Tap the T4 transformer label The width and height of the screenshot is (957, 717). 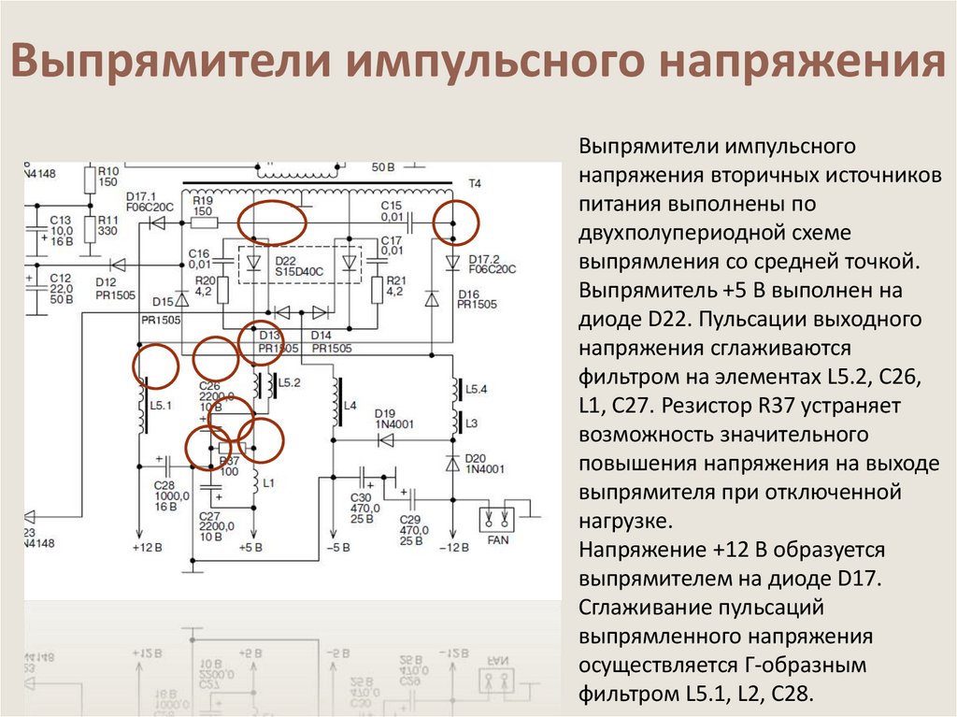click(474, 183)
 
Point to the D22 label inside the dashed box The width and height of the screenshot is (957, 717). click(287, 259)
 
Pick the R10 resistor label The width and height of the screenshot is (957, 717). click(108, 171)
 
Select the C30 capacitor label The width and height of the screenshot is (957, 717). click(361, 496)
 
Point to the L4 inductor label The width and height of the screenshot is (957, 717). click(350, 406)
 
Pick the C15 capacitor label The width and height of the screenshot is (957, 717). click(391, 206)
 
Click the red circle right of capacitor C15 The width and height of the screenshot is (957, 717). click(458, 222)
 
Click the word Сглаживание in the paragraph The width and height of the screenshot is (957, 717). click(639, 609)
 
